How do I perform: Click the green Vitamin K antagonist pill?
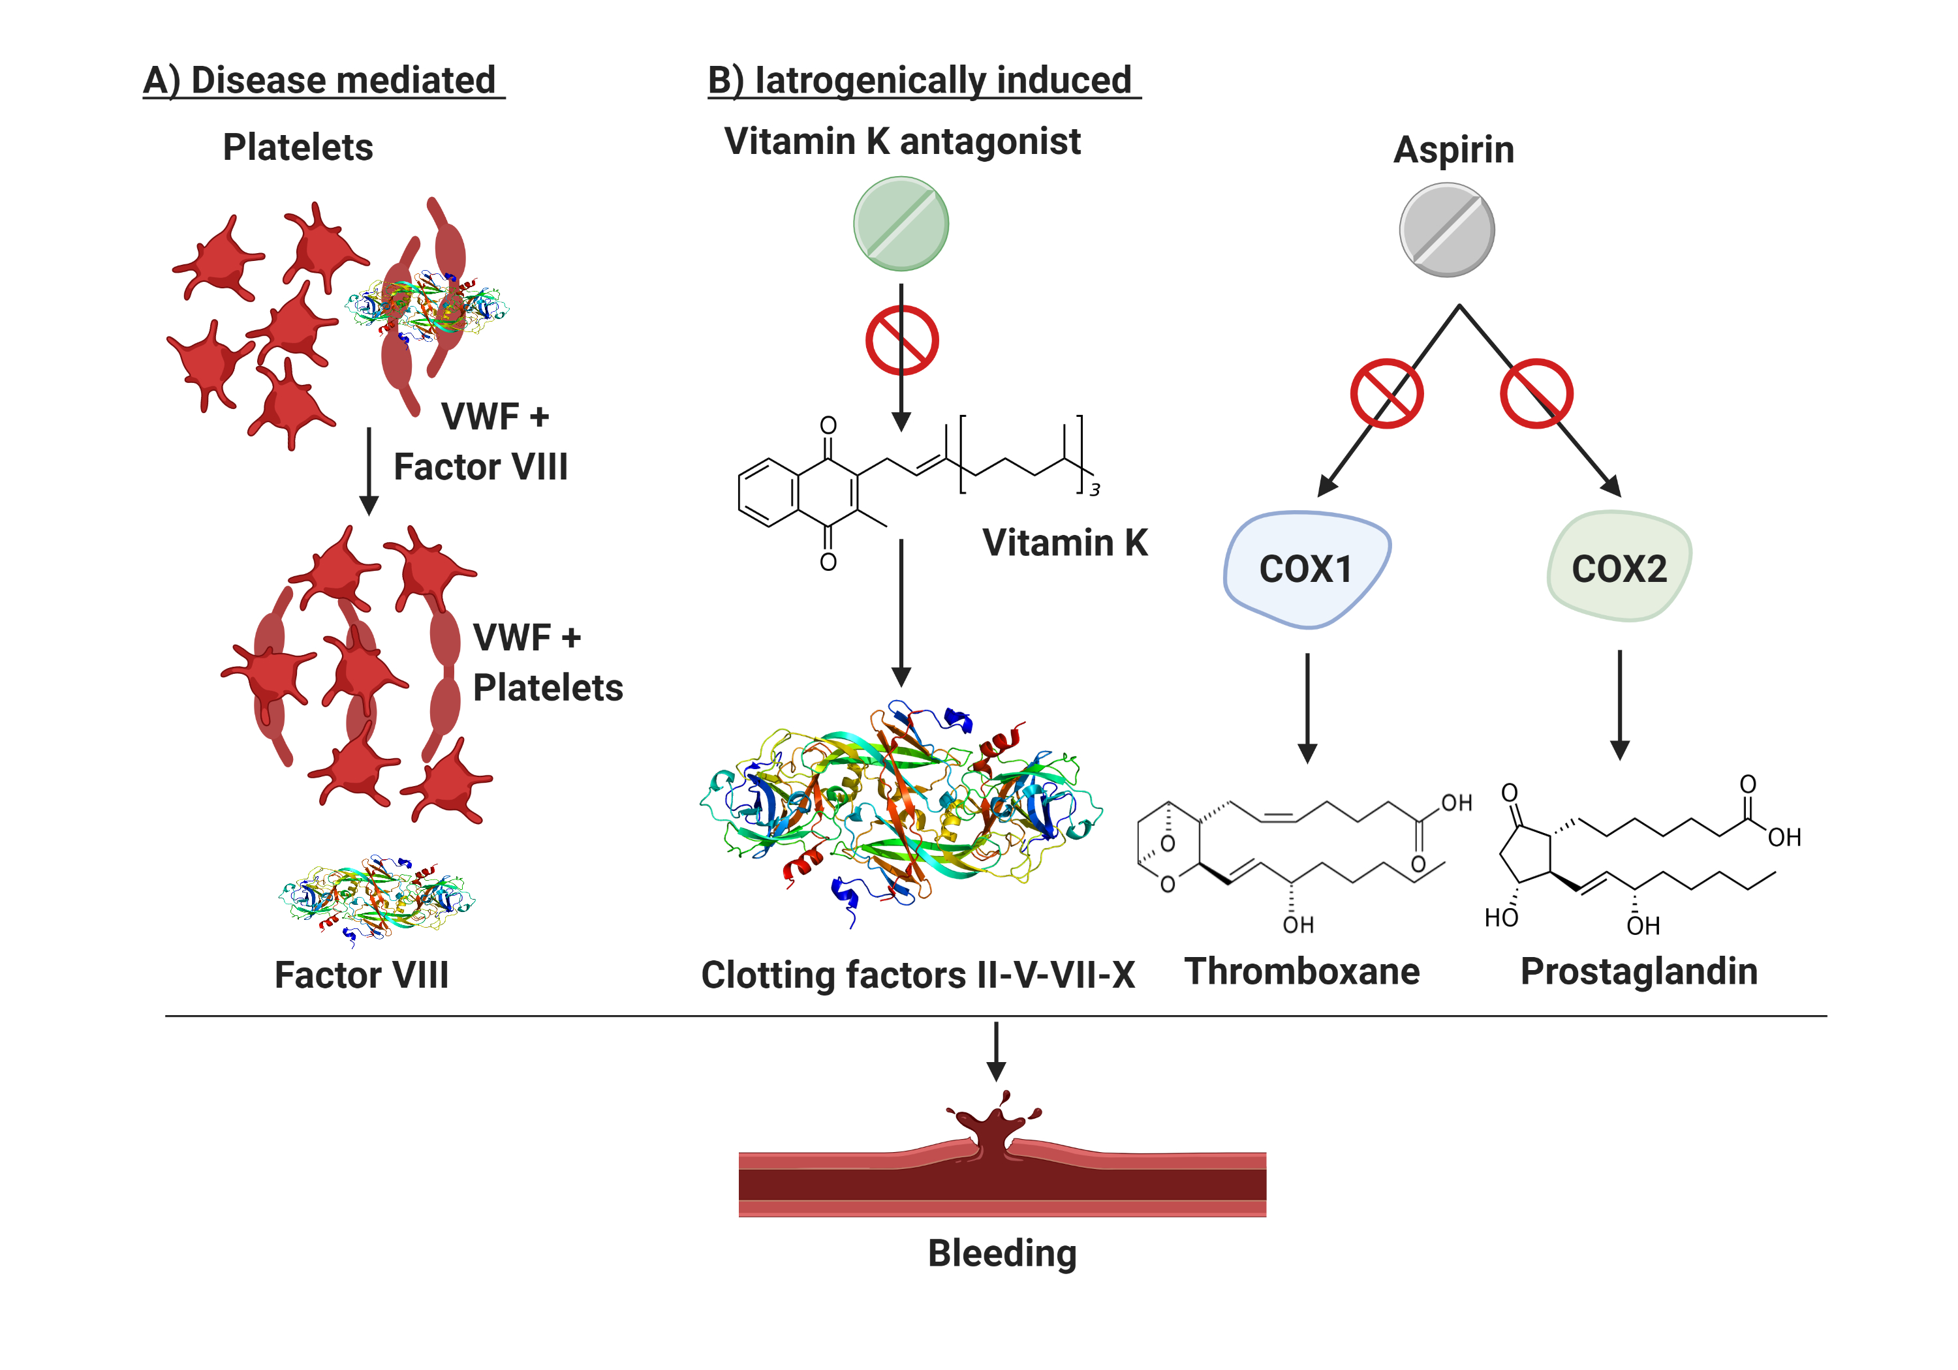click(x=901, y=223)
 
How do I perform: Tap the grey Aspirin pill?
click(x=1446, y=230)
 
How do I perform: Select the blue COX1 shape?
click(x=1305, y=569)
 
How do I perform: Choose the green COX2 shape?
click(x=1619, y=567)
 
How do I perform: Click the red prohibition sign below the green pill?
click(x=901, y=341)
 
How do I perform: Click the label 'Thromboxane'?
click(x=1301, y=971)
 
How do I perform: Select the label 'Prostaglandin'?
click(x=1638, y=971)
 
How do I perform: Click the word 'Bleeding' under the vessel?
click(x=1002, y=1253)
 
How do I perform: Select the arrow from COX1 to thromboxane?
click(x=1307, y=708)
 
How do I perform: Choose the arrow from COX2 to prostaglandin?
click(x=1619, y=704)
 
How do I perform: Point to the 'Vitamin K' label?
click(x=1064, y=543)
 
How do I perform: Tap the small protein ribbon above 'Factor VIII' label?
click(x=375, y=898)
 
